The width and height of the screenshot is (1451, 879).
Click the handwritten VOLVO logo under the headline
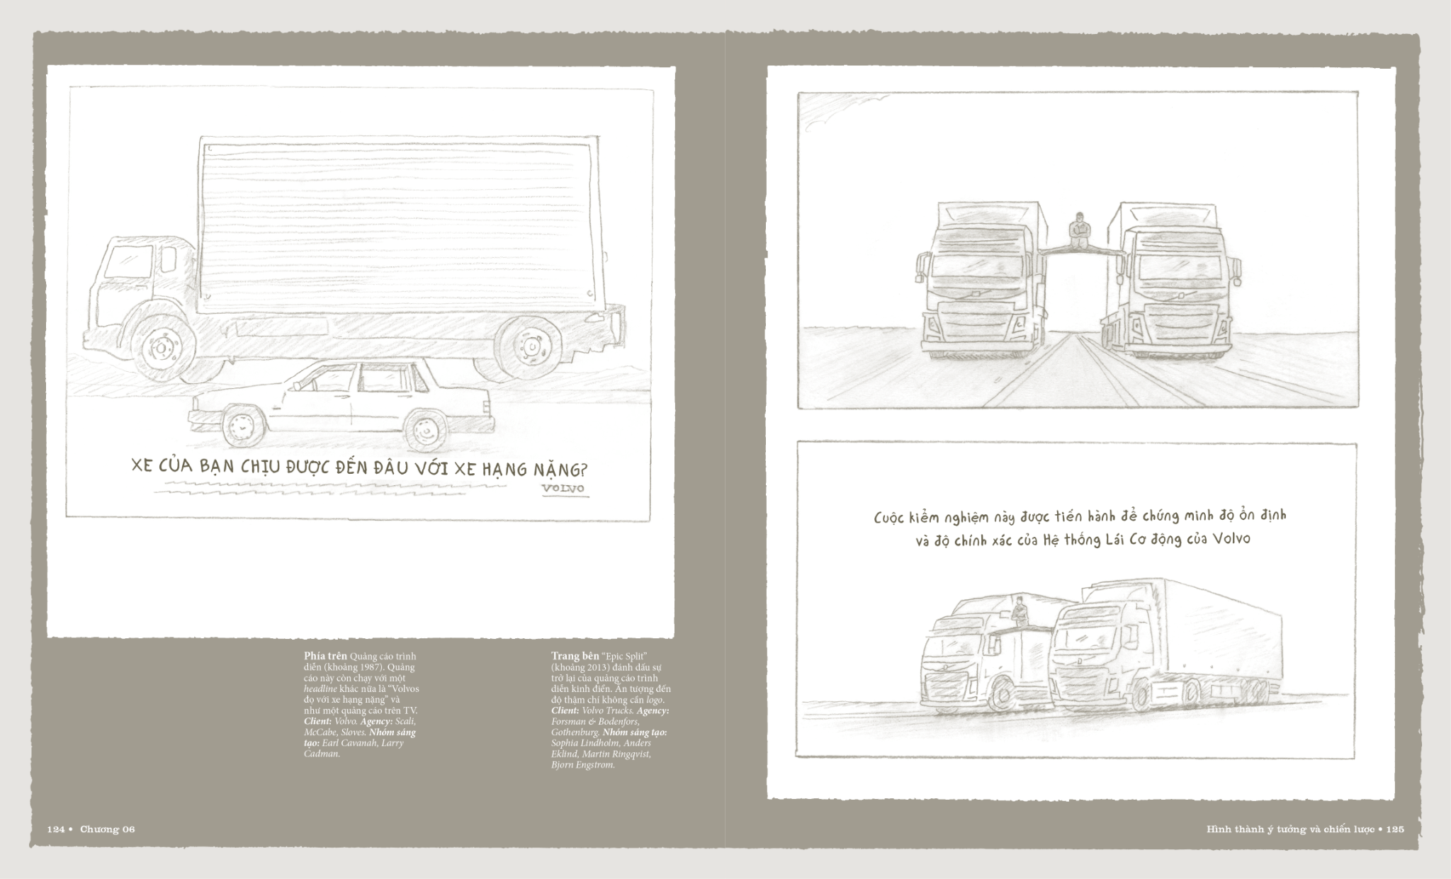click(x=564, y=489)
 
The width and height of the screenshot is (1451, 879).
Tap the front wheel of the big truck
click(x=164, y=347)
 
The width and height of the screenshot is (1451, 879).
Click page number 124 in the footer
click(x=57, y=829)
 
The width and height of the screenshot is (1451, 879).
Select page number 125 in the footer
click(x=1395, y=829)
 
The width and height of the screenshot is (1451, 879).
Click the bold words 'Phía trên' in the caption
click(x=326, y=656)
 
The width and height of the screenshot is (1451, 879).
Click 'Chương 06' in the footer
click(x=107, y=829)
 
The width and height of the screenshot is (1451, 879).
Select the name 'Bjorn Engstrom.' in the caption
click(x=582, y=765)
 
